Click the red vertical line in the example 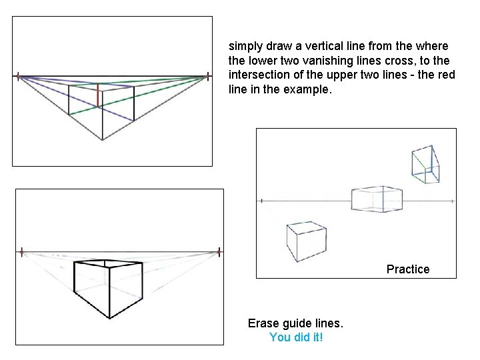click(98, 96)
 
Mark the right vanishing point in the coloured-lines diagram click(206, 77)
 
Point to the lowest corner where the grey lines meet click(101, 139)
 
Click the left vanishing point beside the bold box click(22, 252)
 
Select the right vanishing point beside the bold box click(219, 252)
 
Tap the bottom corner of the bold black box click(109, 318)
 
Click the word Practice click(408, 269)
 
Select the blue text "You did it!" click(296, 337)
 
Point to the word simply click(246, 47)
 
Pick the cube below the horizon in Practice click(304, 241)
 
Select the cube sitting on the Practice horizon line click(377, 198)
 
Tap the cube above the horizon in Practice click(425, 165)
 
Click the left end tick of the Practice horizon click(263, 199)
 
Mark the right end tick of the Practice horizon click(453, 199)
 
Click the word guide click(307, 323)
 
